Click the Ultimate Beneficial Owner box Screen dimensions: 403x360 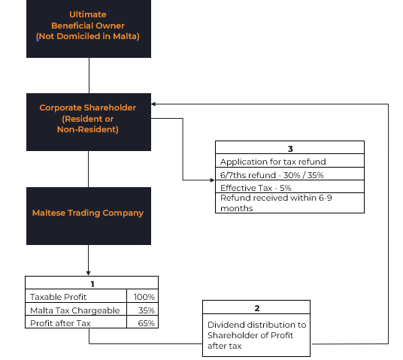89,29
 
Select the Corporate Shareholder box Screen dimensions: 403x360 89,122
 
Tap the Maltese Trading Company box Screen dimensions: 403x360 89,216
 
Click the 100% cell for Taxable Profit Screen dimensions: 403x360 144,297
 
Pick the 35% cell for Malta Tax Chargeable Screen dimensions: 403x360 147,310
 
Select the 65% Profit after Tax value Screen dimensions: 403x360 147,323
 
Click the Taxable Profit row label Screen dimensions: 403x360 59,297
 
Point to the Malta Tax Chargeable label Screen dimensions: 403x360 74,310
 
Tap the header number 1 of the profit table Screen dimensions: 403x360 92,284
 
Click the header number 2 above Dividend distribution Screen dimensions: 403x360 256,308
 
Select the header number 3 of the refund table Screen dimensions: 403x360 290,149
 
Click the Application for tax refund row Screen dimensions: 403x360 273,162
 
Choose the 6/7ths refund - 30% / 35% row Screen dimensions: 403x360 271,175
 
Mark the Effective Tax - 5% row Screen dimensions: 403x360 256,188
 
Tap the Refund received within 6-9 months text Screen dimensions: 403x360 276,203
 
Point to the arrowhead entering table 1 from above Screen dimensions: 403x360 89,273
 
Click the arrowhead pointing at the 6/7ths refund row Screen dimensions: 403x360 212,180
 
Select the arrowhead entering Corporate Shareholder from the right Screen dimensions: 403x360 153,104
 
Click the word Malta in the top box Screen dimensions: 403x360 124,36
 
